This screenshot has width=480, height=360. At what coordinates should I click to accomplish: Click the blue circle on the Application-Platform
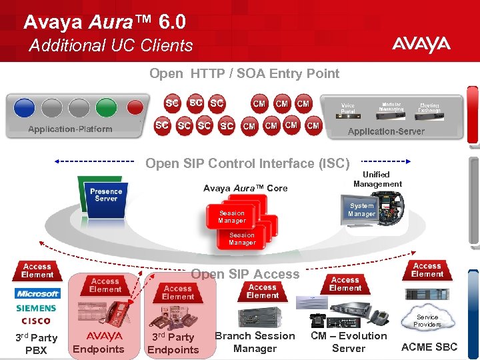(x=24, y=107)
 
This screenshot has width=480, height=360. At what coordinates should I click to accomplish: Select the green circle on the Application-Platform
(x=106, y=107)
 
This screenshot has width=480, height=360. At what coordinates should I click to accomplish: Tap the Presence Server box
(x=106, y=195)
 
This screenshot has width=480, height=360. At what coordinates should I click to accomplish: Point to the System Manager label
(x=361, y=210)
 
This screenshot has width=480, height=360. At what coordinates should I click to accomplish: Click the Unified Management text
(x=377, y=179)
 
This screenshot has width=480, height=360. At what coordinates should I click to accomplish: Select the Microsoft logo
(x=38, y=293)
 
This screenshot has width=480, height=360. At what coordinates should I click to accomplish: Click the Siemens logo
(x=37, y=308)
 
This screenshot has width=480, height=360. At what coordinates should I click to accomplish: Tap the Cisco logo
(x=35, y=321)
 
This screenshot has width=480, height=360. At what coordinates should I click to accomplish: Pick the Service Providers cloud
(x=427, y=321)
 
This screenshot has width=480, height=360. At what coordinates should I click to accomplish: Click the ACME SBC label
(x=429, y=347)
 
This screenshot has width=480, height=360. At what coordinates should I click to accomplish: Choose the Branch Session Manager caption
(x=255, y=342)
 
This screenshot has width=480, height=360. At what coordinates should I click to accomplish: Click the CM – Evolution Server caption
(x=349, y=342)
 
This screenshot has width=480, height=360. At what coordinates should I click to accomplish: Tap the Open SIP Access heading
(x=245, y=274)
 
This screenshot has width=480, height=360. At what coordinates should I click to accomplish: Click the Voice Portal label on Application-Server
(x=348, y=109)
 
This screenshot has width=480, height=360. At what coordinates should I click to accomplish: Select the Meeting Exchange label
(x=429, y=107)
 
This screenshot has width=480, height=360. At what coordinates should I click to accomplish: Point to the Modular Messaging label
(x=391, y=107)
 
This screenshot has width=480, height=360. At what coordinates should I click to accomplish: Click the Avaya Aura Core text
(x=245, y=188)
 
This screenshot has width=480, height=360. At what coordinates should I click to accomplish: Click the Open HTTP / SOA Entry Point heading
(x=244, y=73)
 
